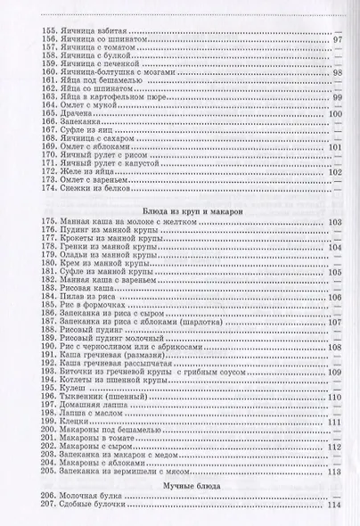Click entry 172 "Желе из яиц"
pyautogui.click(x=85, y=172)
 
